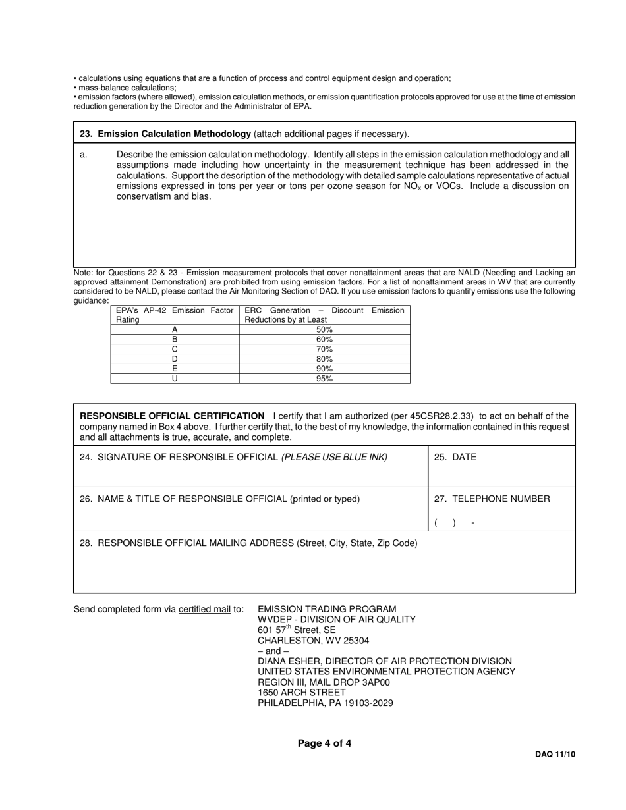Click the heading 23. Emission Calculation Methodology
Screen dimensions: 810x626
tap(165, 134)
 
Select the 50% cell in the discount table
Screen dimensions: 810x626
tap(324, 329)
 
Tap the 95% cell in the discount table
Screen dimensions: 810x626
tap(324, 379)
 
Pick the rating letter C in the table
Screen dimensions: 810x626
tap(175, 349)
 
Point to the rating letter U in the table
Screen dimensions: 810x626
tap(175, 379)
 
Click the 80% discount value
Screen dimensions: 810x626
tap(324, 359)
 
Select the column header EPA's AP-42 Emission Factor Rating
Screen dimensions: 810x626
tap(175, 315)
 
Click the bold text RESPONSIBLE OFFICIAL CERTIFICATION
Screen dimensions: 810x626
tap(172, 416)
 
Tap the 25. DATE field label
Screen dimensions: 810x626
tap(455, 457)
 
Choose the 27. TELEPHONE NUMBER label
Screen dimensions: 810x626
tap(492, 499)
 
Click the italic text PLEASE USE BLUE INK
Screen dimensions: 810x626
tap(335, 457)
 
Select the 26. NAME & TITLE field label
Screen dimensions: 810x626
tap(219, 499)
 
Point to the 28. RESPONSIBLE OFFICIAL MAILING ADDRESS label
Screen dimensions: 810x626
tap(248, 543)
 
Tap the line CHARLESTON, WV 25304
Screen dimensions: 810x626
tap(313, 640)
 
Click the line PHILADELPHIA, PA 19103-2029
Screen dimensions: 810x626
tap(325, 703)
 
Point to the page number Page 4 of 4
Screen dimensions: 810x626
tap(324, 743)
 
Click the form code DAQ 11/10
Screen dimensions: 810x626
tap(555, 755)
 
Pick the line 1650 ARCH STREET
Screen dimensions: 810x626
tap(301, 692)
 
